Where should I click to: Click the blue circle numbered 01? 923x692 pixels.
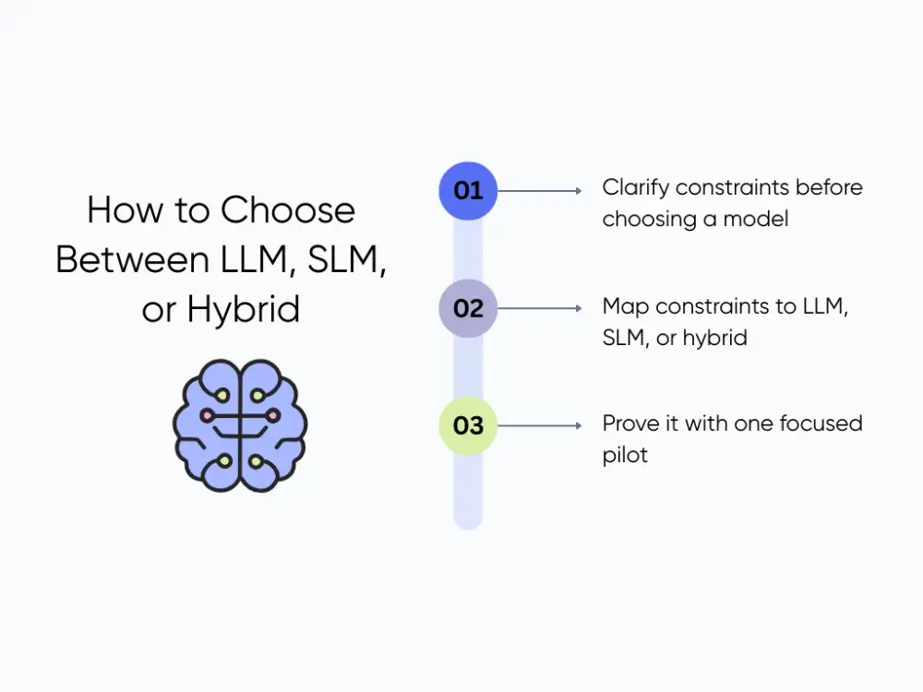pos(468,191)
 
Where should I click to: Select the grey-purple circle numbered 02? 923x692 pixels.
pos(468,308)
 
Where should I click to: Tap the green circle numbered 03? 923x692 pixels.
pos(468,425)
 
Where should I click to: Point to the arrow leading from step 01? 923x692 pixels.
pos(540,191)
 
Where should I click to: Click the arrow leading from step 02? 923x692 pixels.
pos(540,308)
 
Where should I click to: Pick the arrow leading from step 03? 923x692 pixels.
pos(540,425)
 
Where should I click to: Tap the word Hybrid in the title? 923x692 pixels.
pos(244,310)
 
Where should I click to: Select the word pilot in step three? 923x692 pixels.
pos(625,455)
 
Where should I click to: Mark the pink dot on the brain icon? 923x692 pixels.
pos(208,416)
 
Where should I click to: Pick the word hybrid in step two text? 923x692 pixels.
pos(713,338)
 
